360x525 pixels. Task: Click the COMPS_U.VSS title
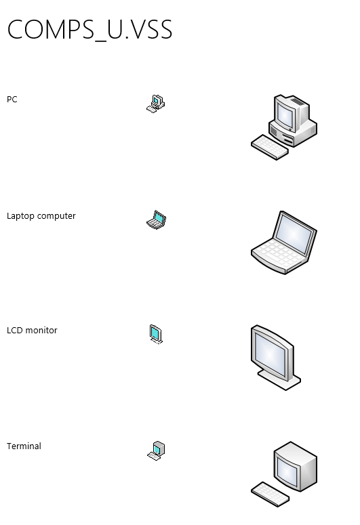90,29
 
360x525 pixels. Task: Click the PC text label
12,100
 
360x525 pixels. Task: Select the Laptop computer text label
41,216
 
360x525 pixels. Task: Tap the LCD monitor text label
32,331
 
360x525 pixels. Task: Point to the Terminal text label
24,446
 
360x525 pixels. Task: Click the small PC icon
155,104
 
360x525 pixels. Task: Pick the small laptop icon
156,219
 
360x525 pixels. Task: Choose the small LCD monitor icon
156,334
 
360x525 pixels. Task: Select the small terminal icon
156,450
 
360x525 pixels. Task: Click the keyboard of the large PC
270,147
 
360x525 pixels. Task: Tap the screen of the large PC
285,116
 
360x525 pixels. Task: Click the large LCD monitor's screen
270,354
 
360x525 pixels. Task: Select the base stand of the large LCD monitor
280,381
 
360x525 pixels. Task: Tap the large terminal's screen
287,471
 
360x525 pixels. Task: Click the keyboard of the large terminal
270,495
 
